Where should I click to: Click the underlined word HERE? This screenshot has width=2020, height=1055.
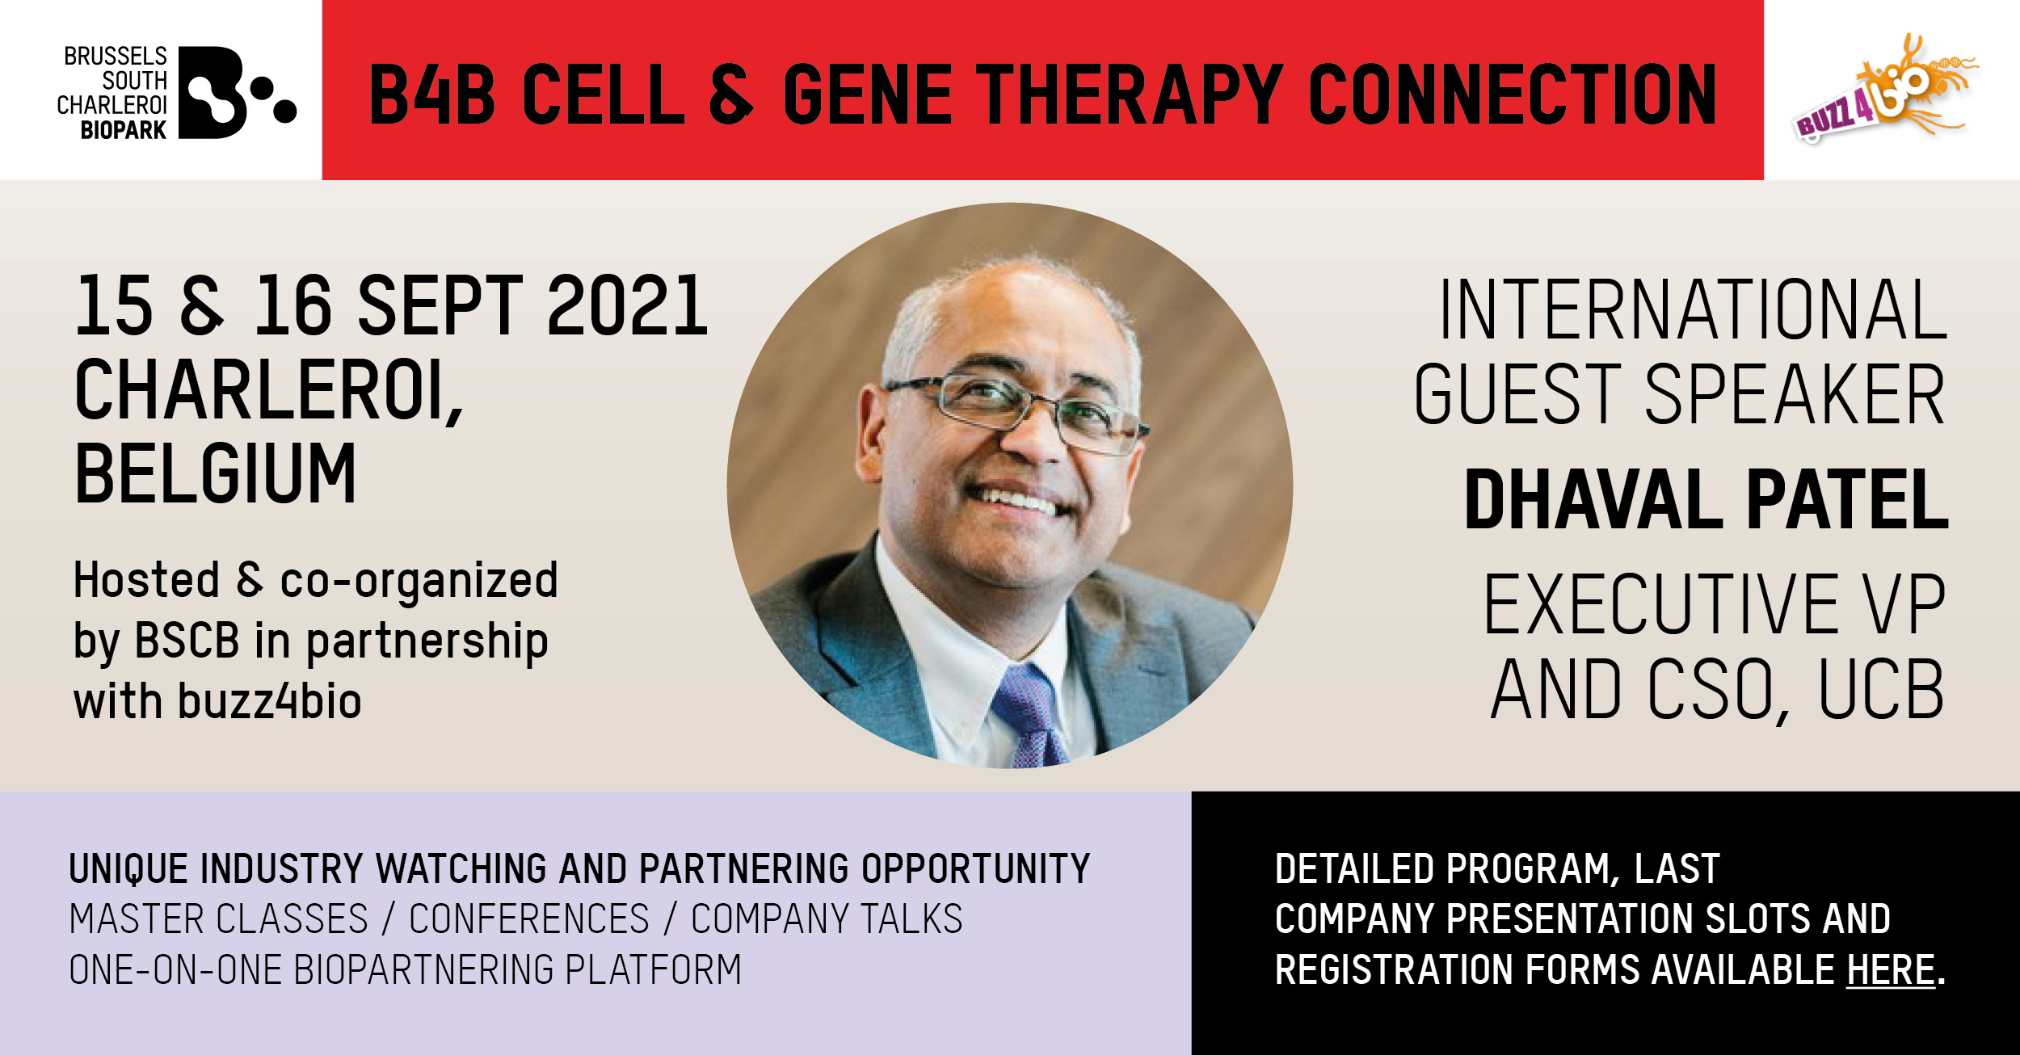pyautogui.click(x=1892, y=969)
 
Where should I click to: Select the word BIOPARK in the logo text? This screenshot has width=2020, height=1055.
pyautogui.click(x=124, y=130)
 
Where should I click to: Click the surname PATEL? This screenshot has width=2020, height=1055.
pyautogui.click(x=1848, y=499)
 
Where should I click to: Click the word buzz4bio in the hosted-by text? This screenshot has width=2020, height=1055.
pyautogui.click(x=269, y=701)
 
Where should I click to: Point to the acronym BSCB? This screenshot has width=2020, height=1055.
pyautogui.click(x=187, y=641)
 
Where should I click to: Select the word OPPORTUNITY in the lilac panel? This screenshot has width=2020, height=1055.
pyautogui.click(x=976, y=869)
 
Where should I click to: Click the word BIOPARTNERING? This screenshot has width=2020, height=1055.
pyautogui.click(x=425, y=969)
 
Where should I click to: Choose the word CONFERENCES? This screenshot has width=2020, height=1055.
pyautogui.click(x=529, y=919)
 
